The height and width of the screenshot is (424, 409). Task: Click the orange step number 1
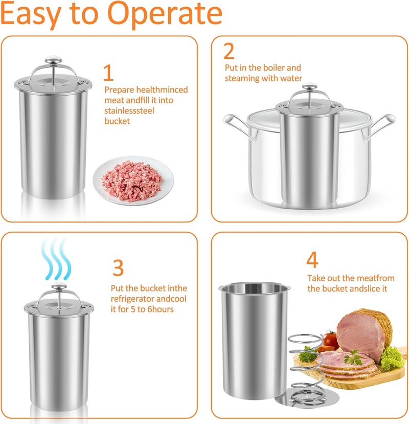[x=108, y=73]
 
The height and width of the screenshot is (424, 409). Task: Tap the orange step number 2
[x=229, y=52]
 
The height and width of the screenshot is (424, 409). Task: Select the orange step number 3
[x=118, y=267]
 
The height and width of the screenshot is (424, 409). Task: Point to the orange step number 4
[x=312, y=260]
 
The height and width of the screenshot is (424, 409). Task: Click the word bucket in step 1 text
[x=117, y=121]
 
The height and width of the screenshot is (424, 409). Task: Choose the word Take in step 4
[x=315, y=278]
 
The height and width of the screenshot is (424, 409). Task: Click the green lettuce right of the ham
[x=392, y=359]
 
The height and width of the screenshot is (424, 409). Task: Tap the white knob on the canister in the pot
[x=308, y=88]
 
